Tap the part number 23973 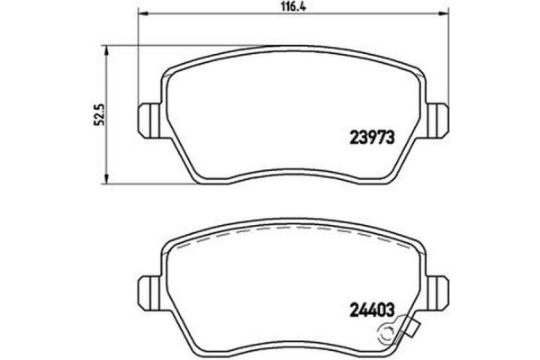click(x=372, y=139)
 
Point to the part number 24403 click(x=372, y=313)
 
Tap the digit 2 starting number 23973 click(x=352, y=139)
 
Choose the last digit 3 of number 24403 click(x=392, y=313)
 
